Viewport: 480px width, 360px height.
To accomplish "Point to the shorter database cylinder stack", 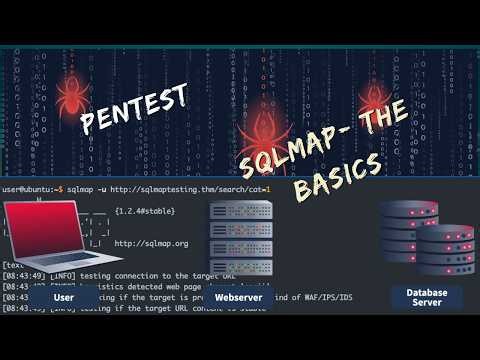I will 447,254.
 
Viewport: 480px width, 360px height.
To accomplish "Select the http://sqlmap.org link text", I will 153,243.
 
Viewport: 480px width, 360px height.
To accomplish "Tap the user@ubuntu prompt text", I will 30,188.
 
